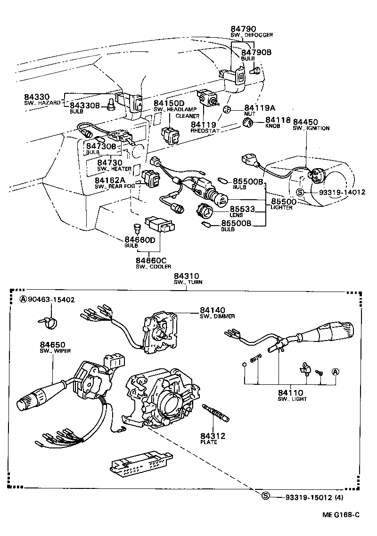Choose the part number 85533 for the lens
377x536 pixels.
(x=240, y=209)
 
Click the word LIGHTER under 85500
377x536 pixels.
(x=282, y=207)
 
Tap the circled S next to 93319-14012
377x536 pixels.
(x=300, y=192)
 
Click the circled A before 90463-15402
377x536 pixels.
(x=23, y=300)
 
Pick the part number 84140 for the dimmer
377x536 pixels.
(x=213, y=310)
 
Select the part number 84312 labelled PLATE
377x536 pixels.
(x=213, y=436)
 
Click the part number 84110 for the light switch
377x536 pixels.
(x=290, y=393)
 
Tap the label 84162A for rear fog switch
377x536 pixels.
(x=109, y=180)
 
